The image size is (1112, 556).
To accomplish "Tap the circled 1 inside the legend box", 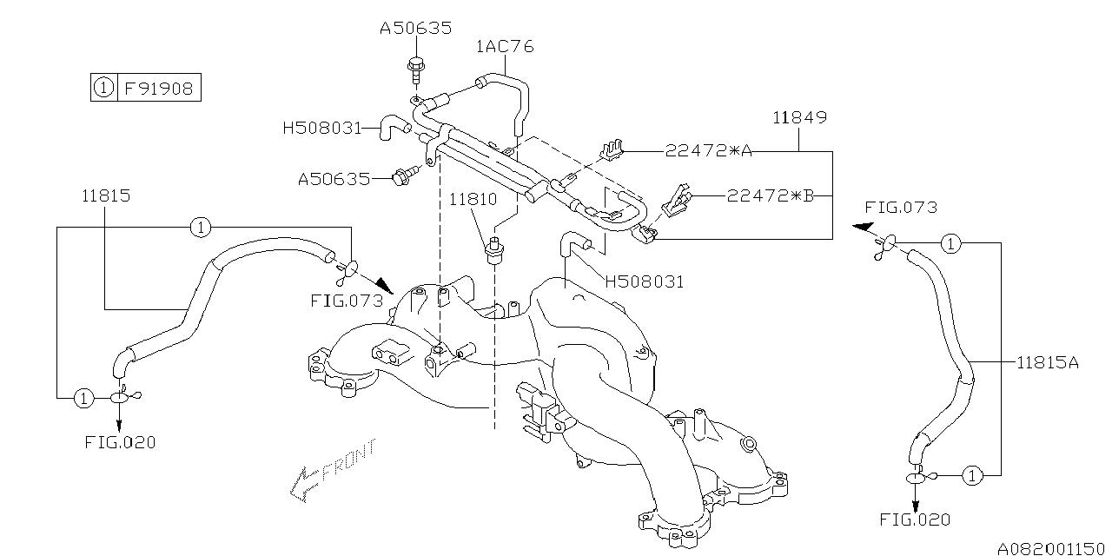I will point(103,88).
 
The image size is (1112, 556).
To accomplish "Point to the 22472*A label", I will point(708,151).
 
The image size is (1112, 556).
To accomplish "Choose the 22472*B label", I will point(770,195).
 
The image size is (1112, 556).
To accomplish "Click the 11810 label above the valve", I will point(473,199).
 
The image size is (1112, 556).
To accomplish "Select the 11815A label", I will point(1047,363).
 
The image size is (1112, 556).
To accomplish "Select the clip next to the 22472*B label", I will point(676,201).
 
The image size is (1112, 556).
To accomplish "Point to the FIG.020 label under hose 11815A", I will point(915,520).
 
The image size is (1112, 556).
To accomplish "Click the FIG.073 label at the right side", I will point(901,208).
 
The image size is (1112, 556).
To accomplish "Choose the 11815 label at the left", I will point(107,196).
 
